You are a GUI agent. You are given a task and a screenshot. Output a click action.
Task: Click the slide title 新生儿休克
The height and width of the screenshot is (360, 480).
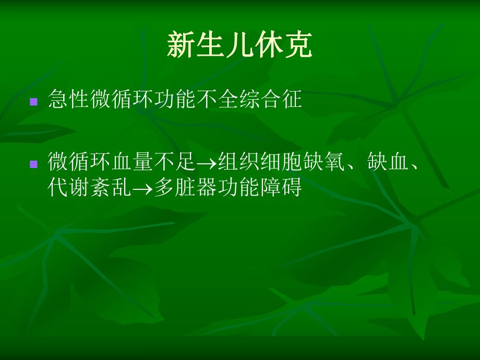tap(239, 45)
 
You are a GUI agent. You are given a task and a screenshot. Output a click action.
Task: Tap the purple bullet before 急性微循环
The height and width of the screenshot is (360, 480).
tap(34, 101)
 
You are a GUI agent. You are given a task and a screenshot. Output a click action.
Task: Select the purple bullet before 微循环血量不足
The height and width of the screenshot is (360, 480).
tap(34, 164)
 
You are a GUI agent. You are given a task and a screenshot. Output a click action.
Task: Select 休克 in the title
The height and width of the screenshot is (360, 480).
tap(284, 45)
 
